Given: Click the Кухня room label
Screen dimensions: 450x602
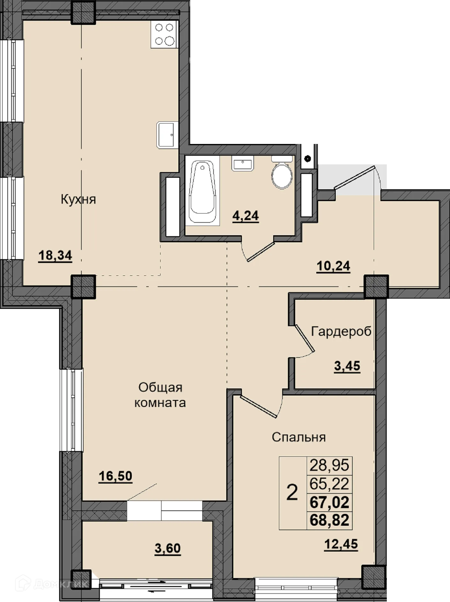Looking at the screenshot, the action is tap(78, 199).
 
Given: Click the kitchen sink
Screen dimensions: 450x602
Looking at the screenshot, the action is tap(167, 135).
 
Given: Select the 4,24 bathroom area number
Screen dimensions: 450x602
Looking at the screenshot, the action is tap(245, 216).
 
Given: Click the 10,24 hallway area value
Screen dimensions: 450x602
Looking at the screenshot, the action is tap(333, 266).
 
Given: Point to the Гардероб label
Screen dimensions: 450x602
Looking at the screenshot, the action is tap(341, 332).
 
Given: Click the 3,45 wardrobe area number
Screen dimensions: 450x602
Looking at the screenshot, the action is tap(347, 366).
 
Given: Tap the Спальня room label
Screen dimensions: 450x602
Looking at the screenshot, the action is tap(299, 437).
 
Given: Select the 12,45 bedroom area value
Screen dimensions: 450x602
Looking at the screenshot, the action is tap(341, 544).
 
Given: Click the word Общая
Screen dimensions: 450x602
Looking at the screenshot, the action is tap(160, 388).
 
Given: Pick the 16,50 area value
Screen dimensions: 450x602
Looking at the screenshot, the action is tap(115, 476).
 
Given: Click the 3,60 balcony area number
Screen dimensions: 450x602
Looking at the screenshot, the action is tap(168, 548).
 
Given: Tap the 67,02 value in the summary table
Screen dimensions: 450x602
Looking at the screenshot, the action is tap(329, 502).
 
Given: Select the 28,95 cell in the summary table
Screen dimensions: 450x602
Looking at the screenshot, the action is tap(329, 465).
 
